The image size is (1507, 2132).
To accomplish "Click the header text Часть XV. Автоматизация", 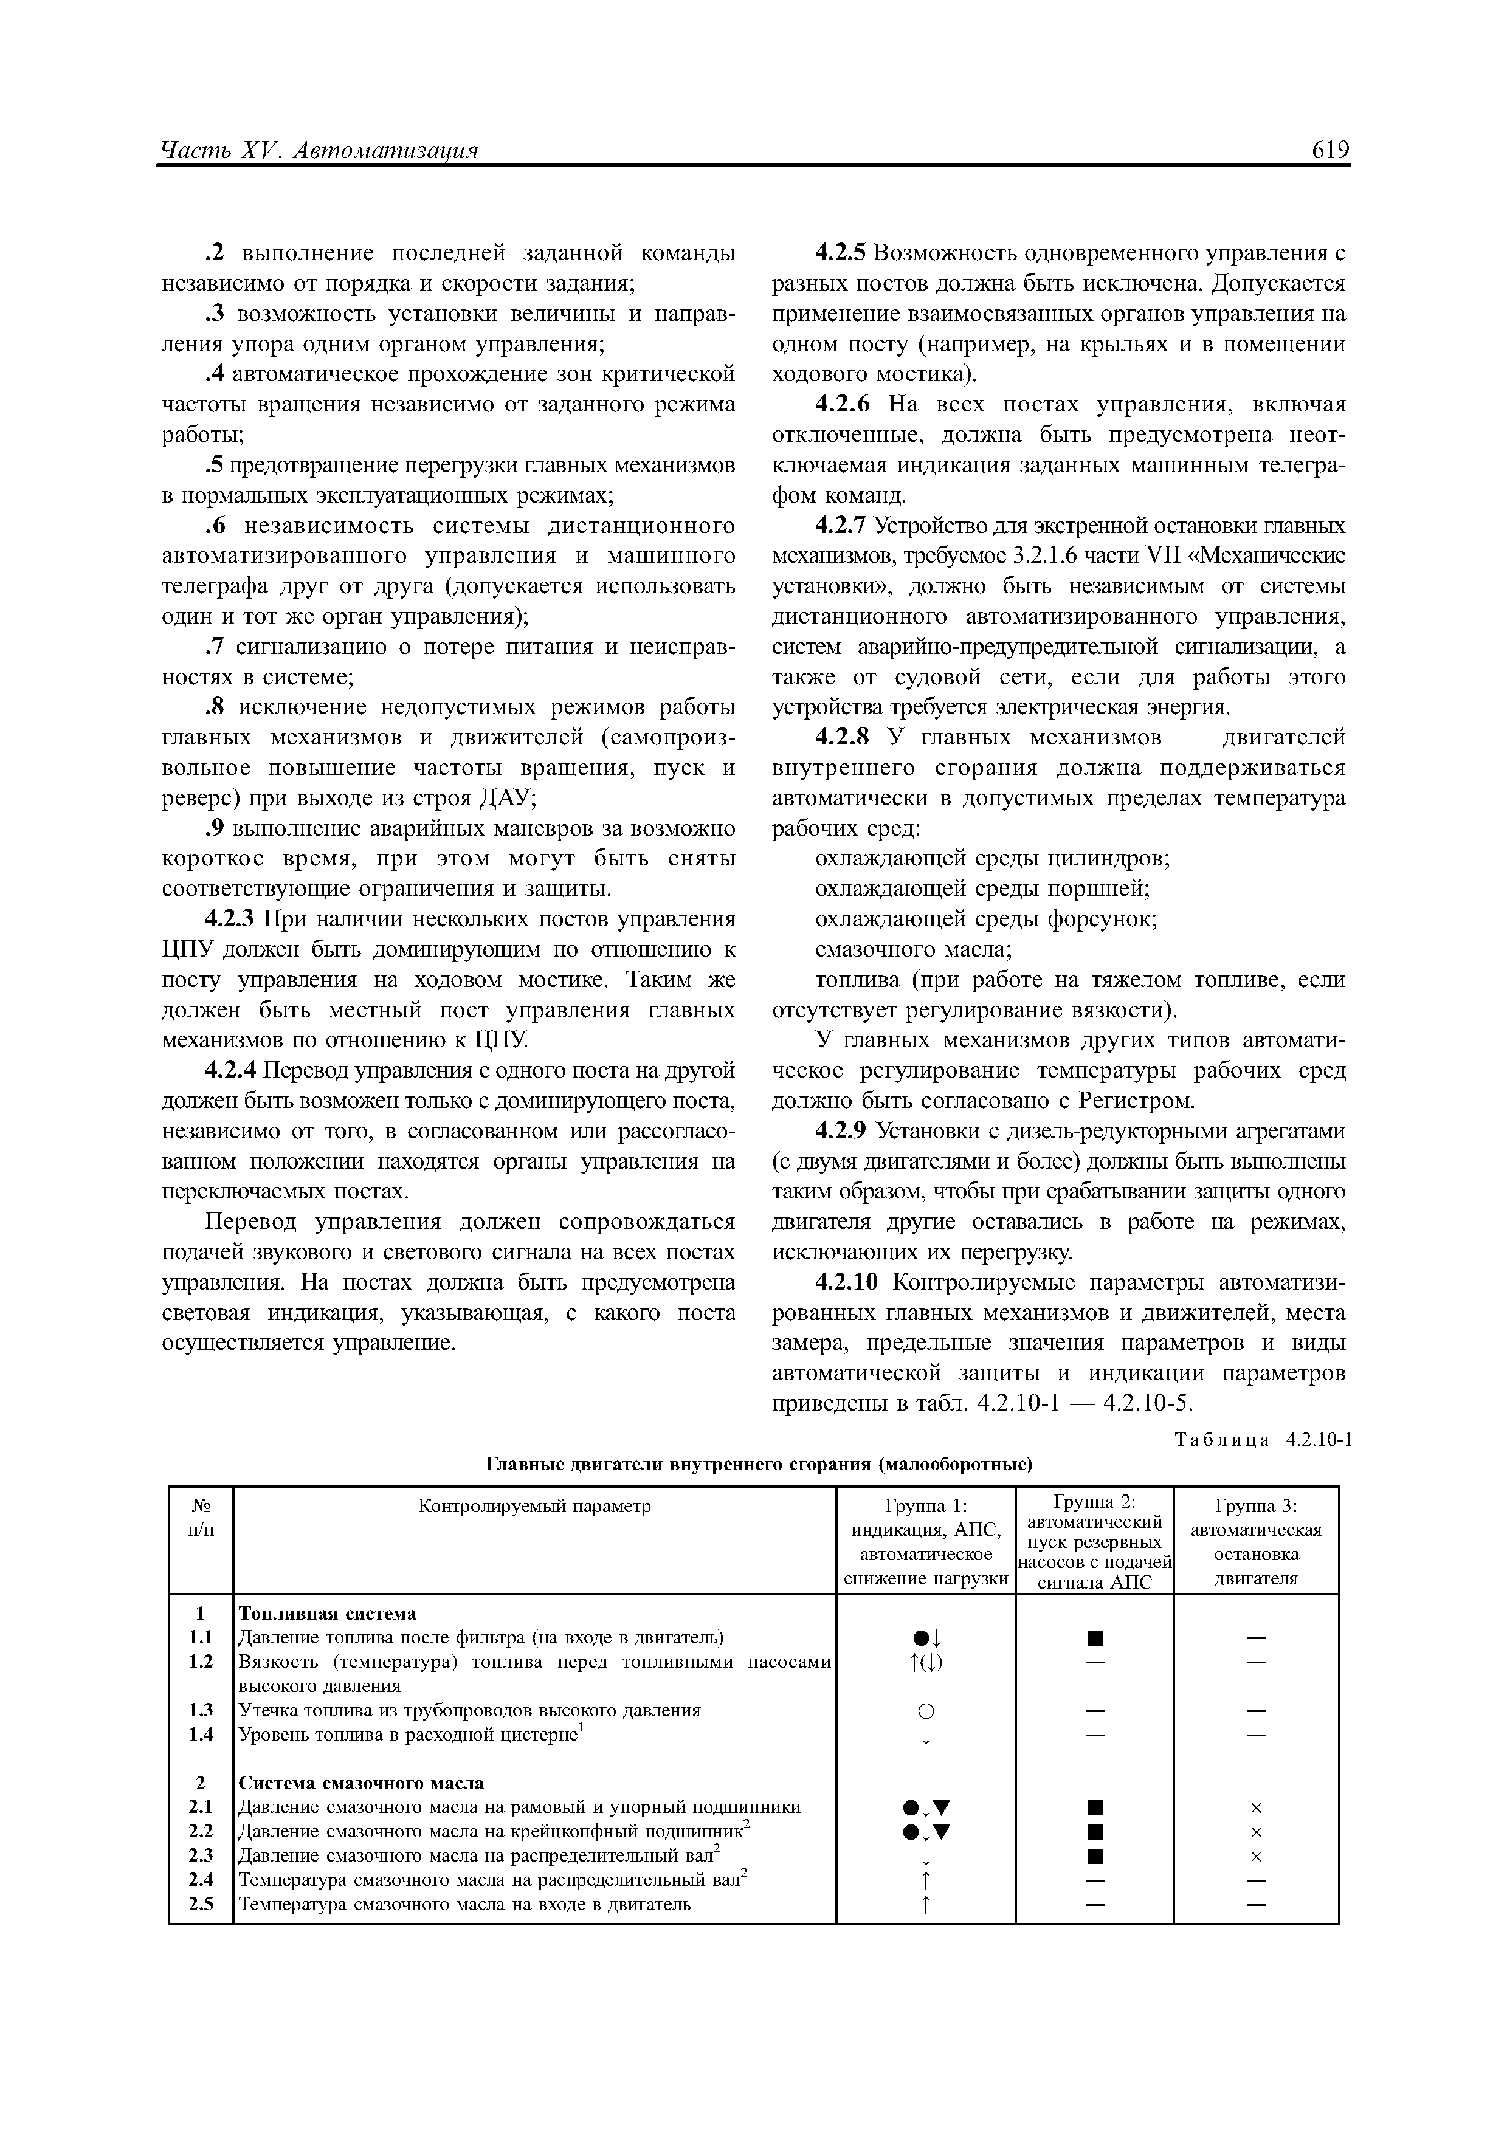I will (319, 151).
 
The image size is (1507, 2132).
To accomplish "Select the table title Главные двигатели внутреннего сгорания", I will (759, 1464).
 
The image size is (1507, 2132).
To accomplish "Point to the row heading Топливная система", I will (328, 1613).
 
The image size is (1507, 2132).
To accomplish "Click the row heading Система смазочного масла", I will (361, 1783).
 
